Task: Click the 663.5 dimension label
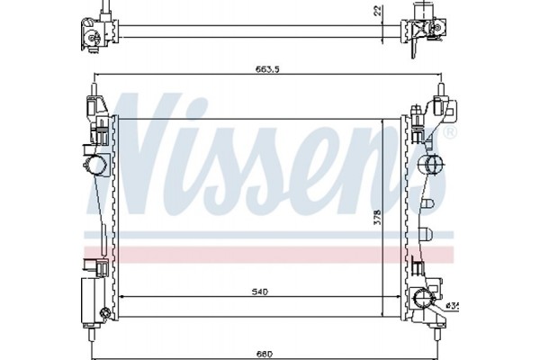tap(267, 69)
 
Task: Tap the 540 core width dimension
tap(260, 292)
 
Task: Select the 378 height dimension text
tap(378, 218)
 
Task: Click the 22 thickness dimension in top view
tap(377, 11)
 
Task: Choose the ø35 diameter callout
tap(453, 305)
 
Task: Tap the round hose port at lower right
tap(423, 299)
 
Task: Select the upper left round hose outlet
tap(93, 165)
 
